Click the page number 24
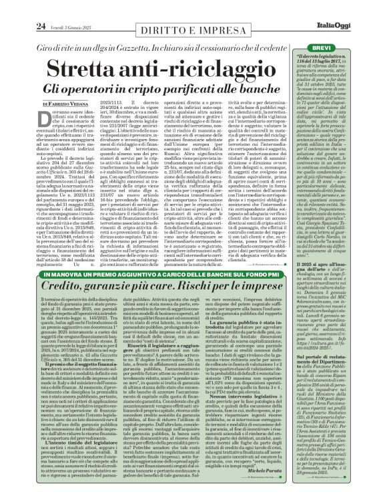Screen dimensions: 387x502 tap(22, 7)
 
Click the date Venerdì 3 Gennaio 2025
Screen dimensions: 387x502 tap(56, 8)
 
